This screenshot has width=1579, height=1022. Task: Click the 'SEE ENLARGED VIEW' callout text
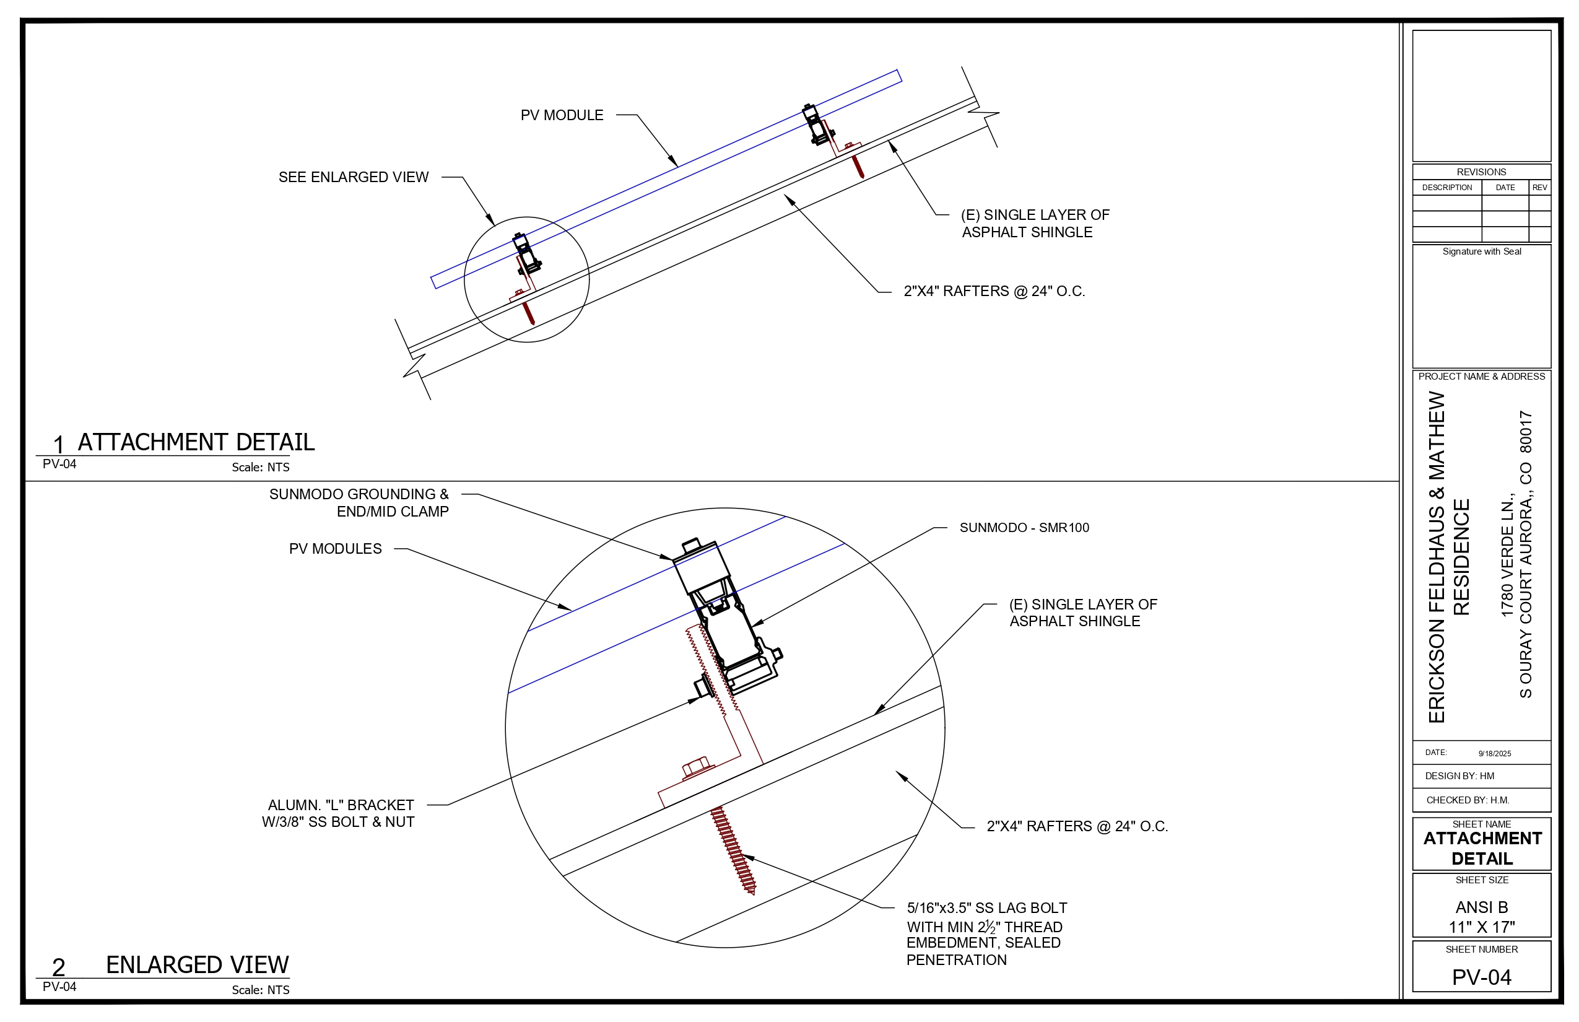353,177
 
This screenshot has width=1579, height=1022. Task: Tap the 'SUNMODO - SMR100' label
1024,528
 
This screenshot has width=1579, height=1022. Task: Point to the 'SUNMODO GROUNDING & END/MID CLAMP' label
359,503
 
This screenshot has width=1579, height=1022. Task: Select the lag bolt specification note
986,933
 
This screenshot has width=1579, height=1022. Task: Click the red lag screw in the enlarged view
733,849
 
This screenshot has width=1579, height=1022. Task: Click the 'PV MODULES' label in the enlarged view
335,549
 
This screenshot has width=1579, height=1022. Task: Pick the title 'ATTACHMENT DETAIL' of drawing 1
196,442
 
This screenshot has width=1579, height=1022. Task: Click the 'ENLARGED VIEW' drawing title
197,964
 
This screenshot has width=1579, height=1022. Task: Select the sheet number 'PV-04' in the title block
1481,977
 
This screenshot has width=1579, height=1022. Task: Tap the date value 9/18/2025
1495,753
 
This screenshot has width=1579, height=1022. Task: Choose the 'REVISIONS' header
1481,172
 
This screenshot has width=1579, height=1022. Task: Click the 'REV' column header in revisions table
1539,188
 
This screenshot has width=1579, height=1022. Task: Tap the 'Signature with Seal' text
1481,251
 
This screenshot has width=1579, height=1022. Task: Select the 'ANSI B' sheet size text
1481,907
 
